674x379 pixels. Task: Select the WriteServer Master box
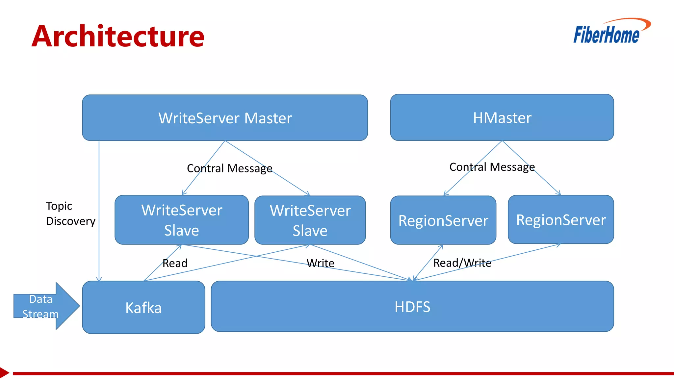point(225,118)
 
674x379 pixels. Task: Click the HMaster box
point(502,117)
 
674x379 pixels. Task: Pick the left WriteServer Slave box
point(182,220)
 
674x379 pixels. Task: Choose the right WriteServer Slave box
point(310,220)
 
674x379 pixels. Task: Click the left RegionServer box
point(443,220)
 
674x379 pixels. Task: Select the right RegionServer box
point(561,219)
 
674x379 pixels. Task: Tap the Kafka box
point(143,307)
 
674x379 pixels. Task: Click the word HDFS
point(412,307)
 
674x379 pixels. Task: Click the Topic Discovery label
point(70,213)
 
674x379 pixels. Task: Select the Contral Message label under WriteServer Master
point(229,168)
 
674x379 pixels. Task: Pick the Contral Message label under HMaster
point(492,167)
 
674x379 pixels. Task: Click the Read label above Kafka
point(175,263)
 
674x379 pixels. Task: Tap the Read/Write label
point(462,263)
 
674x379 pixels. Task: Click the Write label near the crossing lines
point(320,263)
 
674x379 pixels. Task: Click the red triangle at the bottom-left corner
point(4,373)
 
